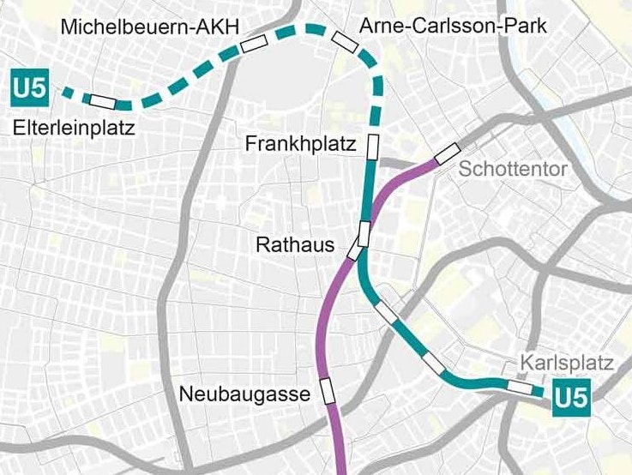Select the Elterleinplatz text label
coord(74,129)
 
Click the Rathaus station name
coord(295,245)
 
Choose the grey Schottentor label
coord(512,169)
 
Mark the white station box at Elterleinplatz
coord(103,101)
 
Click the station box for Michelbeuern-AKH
coord(255,43)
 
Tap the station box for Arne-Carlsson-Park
coord(345,41)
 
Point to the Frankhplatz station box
coord(373,147)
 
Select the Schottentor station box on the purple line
coord(447,153)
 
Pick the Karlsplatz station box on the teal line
coord(520,388)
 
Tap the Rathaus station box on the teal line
coord(364,233)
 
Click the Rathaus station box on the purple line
coord(354,250)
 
